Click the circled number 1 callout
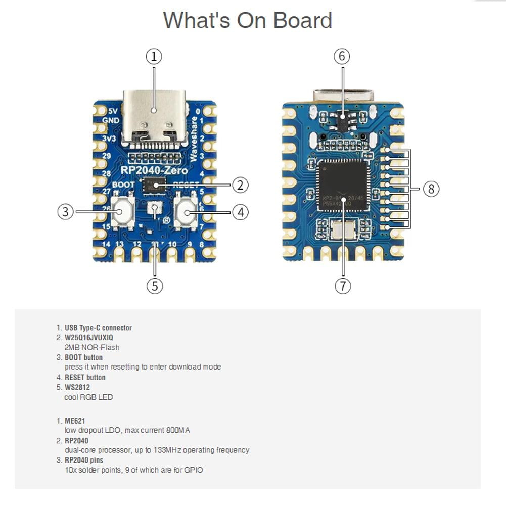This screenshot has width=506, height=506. click(154, 56)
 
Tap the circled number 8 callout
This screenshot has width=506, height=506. click(431, 189)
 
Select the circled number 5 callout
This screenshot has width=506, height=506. click(155, 286)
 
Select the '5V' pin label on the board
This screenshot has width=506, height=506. click(113, 110)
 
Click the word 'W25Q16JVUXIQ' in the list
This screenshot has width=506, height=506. click(89, 337)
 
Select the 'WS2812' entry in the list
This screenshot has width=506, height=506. click(77, 387)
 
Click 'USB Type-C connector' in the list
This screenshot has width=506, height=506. click(98, 328)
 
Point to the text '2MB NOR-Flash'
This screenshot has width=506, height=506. click(92, 347)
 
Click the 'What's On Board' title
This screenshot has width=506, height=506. click(247, 20)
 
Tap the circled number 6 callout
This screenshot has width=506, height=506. click(342, 56)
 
